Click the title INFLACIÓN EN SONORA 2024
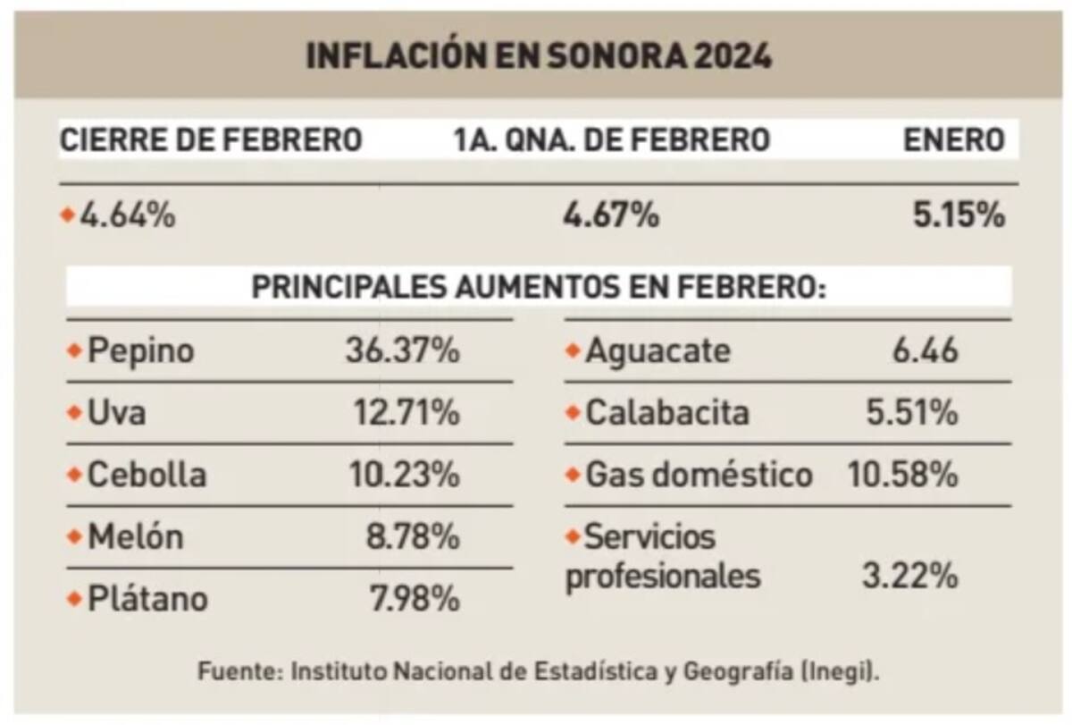click(x=539, y=56)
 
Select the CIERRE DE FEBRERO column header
click(x=211, y=140)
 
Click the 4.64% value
click(x=128, y=215)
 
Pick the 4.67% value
click(x=611, y=215)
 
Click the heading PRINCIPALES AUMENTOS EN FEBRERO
click(x=539, y=288)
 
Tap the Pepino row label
click(x=140, y=351)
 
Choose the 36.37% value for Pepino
click(x=402, y=351)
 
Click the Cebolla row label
click(x=147, y=475)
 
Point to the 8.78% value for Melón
click(x=412, y=537)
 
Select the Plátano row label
click(x=147, y=598)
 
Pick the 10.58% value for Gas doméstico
click(x=902, y=475)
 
